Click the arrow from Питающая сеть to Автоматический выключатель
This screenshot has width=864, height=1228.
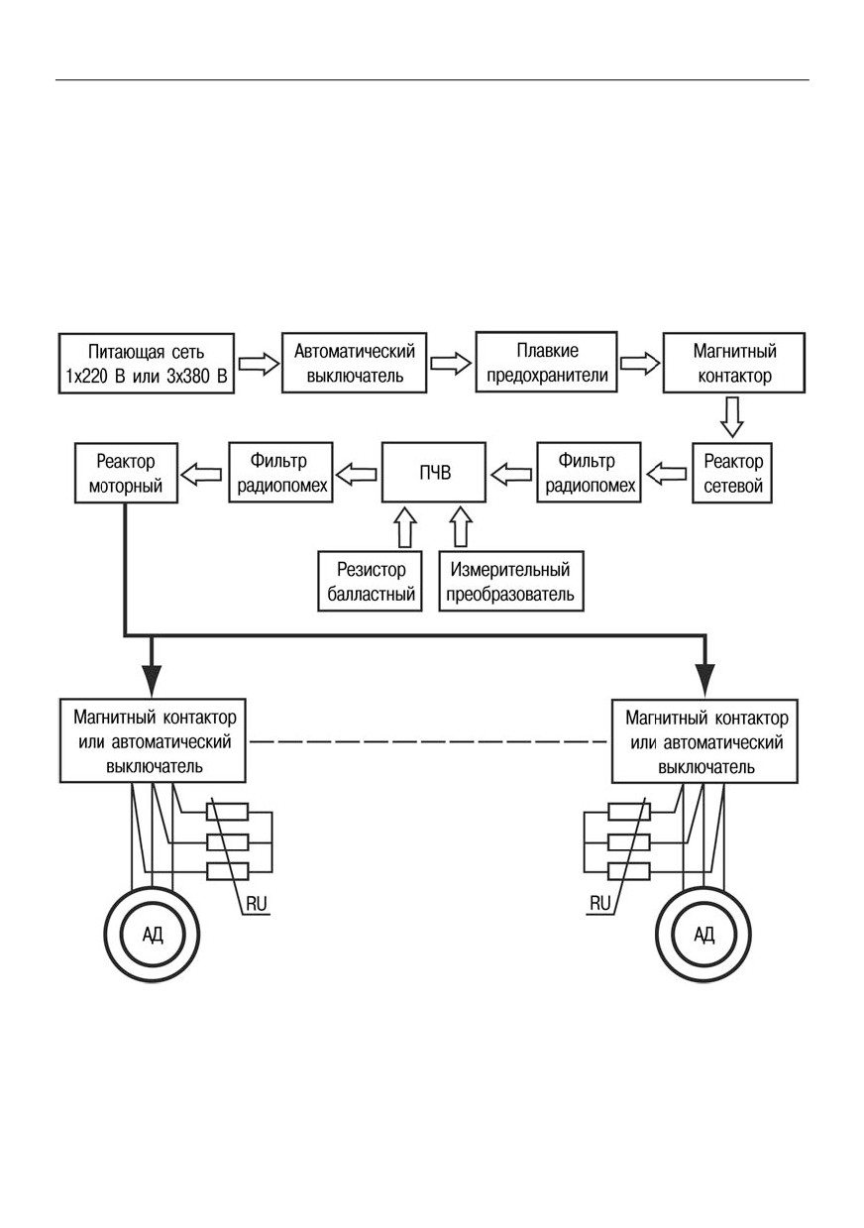259,364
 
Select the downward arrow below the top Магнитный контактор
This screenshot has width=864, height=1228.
732,417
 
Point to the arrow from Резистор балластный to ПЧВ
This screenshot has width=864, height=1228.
405,527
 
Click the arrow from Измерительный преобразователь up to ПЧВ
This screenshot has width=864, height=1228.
461,527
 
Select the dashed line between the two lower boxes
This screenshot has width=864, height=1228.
428,741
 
